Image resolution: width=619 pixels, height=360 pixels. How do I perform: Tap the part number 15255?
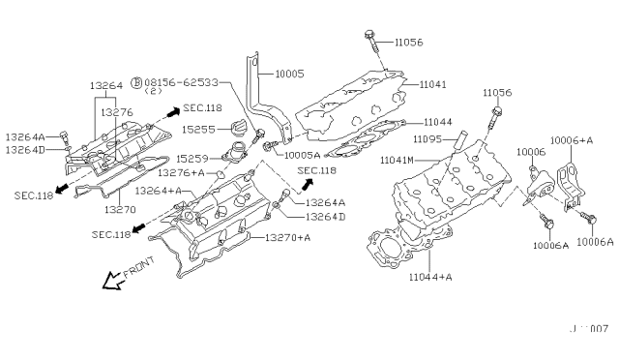197,128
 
